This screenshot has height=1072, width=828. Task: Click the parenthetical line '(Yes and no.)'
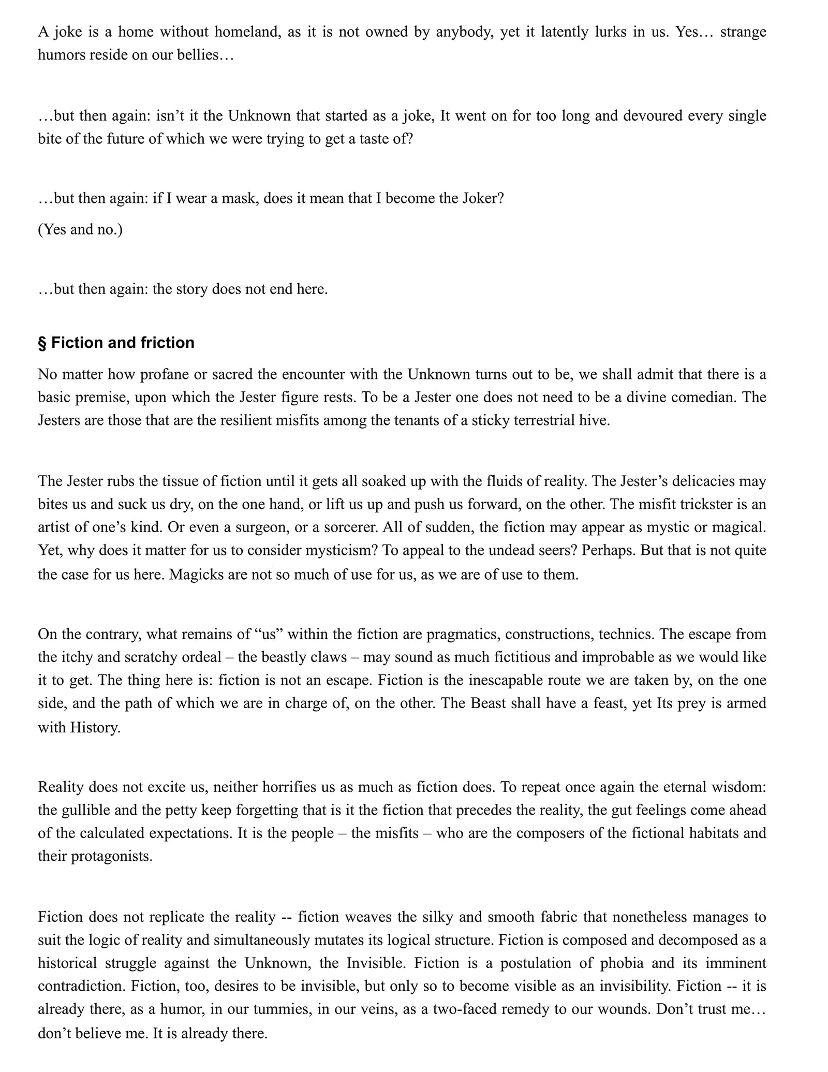(x=80, y=229)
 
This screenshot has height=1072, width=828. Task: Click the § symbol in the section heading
(x=42, y=343)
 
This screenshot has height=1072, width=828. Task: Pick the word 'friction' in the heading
(x=167, y=343)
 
